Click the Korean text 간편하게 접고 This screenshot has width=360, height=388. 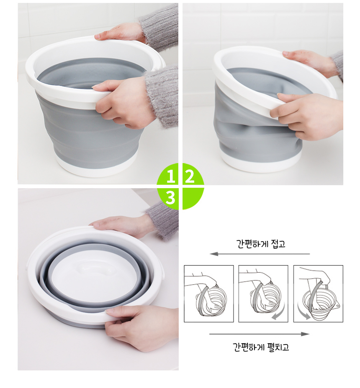coord(261,244)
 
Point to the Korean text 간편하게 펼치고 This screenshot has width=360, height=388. coord(261,347)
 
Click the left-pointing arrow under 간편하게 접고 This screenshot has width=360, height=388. coord(260,254)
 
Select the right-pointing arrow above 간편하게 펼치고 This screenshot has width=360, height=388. coord(259,334)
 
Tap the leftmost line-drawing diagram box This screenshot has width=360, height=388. coord(208,294)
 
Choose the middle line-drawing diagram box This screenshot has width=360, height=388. coord(263,294)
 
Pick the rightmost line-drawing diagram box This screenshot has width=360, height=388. coord(318,294)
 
